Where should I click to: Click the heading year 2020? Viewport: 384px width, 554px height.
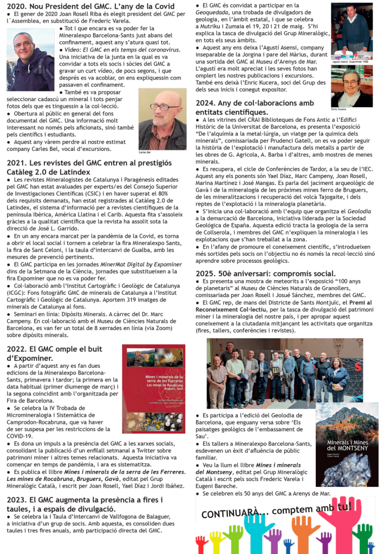(18, 6)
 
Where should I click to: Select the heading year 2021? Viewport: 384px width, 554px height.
(18, 162)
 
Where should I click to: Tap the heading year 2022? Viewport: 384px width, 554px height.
(18, 349)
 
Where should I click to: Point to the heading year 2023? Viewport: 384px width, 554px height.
(18, 500)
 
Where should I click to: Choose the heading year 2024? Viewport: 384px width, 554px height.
(207, 103)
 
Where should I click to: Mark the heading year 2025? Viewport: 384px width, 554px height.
(207, 273)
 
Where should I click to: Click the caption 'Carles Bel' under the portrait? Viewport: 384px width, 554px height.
(145, 153)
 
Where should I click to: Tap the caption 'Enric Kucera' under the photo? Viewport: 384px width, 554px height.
(339, 109)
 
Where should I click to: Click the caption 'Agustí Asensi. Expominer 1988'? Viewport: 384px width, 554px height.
(350, 62)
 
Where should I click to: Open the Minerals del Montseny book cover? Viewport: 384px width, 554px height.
(347, 444)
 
